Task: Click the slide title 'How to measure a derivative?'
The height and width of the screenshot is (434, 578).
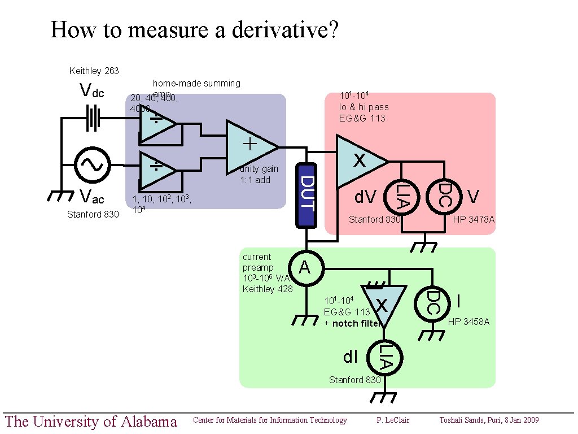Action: pyautogui.click(x=194, y=29)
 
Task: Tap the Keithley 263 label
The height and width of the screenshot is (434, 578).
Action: pyautogui.click(x=94, y=71)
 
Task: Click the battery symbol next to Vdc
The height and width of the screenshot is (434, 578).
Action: pyautogui.click(x=93, y=119)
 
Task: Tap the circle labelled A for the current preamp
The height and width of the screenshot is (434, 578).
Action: pyautogui.click(x=305, y=267)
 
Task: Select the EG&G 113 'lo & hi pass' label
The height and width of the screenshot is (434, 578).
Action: pyautogui.click(x=364, y=107)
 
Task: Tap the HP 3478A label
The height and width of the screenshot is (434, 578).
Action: pyautogui.click(x=474, y=219)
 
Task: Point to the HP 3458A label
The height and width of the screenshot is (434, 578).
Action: pyautogui.click(x=468, y=322)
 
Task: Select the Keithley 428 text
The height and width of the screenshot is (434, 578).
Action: pyautogui.click(x=268, y=289)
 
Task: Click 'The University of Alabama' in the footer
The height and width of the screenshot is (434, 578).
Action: pyautogui.click(x=90, y=421)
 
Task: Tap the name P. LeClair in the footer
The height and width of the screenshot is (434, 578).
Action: pyautogui.click(x=393, y=420)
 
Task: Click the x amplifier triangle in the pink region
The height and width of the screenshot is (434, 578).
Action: pyautogui.click(x=359, y=161)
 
